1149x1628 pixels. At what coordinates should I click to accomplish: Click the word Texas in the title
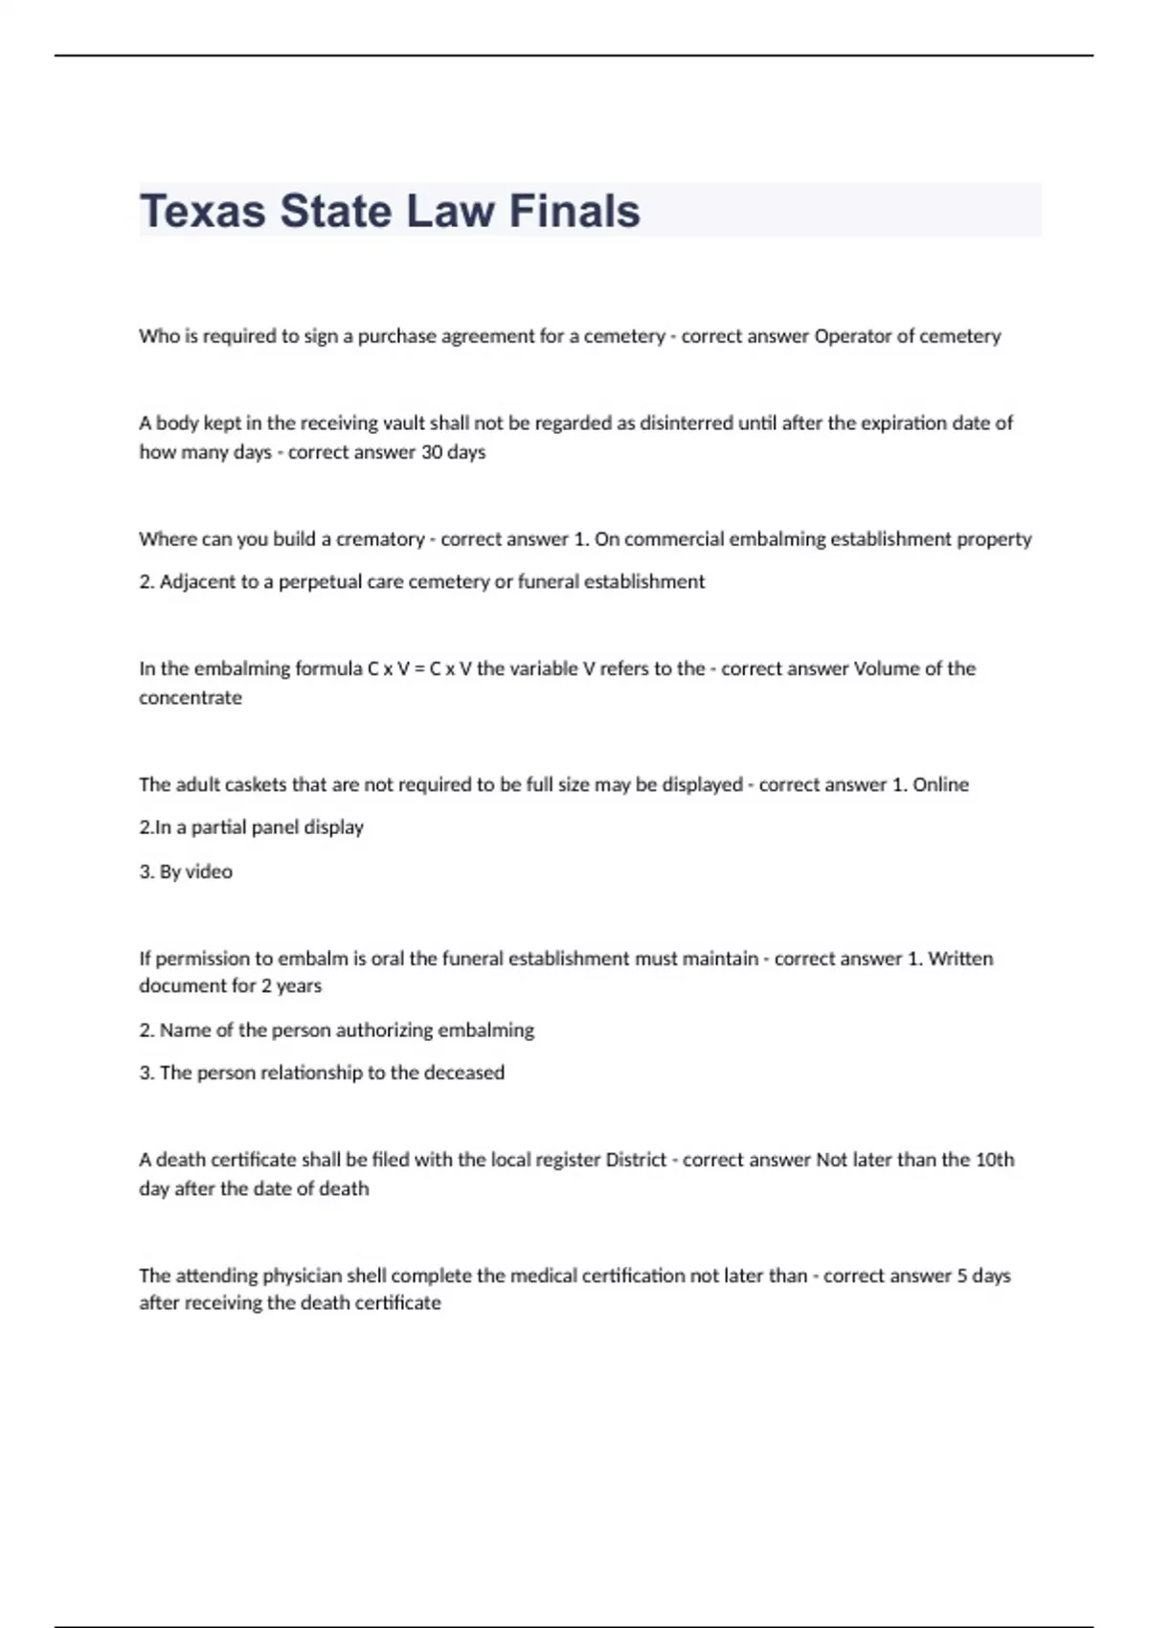coord(202,212)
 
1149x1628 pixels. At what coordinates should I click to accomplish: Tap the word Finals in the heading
coord(574,212)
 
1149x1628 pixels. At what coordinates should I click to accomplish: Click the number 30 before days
coord(432,452)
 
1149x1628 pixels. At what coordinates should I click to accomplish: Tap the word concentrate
coord(191,698)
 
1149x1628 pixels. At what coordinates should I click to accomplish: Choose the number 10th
coord(995,1160)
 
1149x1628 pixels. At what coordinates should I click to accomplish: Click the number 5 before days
coord(961,1276)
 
